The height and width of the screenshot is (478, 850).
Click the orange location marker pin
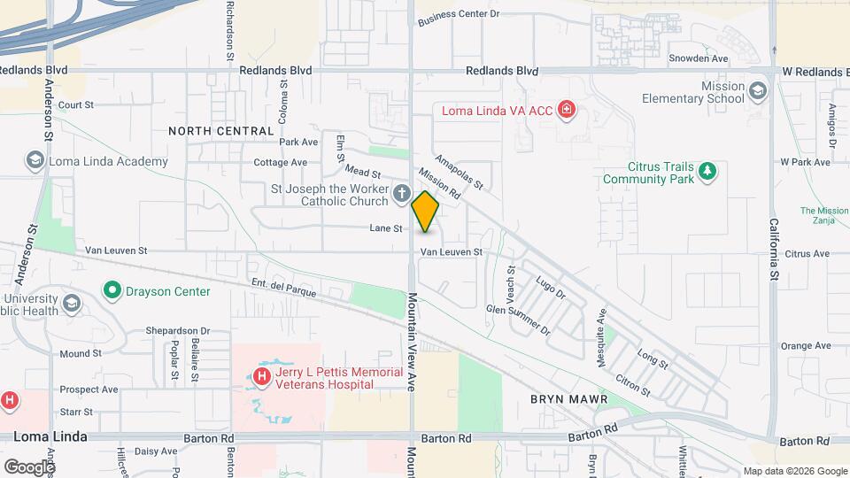coord(425,212)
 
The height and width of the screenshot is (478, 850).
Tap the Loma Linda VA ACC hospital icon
coord(567,111)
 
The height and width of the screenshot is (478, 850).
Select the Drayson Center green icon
coord(112,290)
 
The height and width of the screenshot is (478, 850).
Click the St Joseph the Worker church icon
coord(402,194)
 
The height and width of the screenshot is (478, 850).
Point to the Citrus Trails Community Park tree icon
coord(707,170)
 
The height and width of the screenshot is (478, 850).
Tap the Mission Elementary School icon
coord(758,90)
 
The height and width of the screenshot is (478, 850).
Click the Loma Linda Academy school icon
coord(35,160)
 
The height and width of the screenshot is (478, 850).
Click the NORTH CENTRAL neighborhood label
coord(221,131)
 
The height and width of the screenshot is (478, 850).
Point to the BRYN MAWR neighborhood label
coord(568,399)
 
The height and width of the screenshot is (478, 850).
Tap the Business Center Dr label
coord(459,15)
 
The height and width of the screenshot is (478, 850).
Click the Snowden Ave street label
coord(698,58)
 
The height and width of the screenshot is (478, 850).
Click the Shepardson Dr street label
coord(178,331)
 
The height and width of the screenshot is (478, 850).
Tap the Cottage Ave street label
coord(280,163)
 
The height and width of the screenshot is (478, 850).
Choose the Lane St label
coord(386,228)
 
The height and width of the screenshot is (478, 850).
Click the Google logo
coord(28,466)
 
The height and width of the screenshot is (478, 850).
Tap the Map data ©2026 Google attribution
coord(794,471)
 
